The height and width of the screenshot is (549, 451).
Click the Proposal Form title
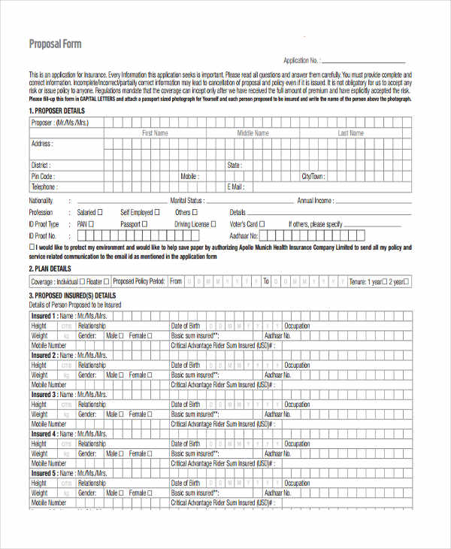point(55,44)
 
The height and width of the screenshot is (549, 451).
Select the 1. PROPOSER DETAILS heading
point(56,111)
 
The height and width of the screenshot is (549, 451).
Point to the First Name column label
point(156,133)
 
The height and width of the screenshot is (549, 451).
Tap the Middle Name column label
point(253,133)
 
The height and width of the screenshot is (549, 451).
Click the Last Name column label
point(350,133)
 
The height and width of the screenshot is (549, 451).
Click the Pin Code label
point(42,177)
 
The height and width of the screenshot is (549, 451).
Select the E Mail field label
point(235,187)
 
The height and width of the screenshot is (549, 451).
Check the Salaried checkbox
point(100,213)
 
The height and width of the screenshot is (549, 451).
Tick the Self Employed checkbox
point(157,213)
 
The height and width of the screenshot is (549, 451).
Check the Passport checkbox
point(146,224)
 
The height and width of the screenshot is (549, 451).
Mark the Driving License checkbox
point(213,224)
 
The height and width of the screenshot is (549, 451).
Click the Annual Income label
point(315,201)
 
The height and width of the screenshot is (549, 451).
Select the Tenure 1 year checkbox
point(383,281)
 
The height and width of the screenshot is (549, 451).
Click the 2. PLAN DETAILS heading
point(50,268)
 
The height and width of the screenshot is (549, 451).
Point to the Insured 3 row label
point(43,394)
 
